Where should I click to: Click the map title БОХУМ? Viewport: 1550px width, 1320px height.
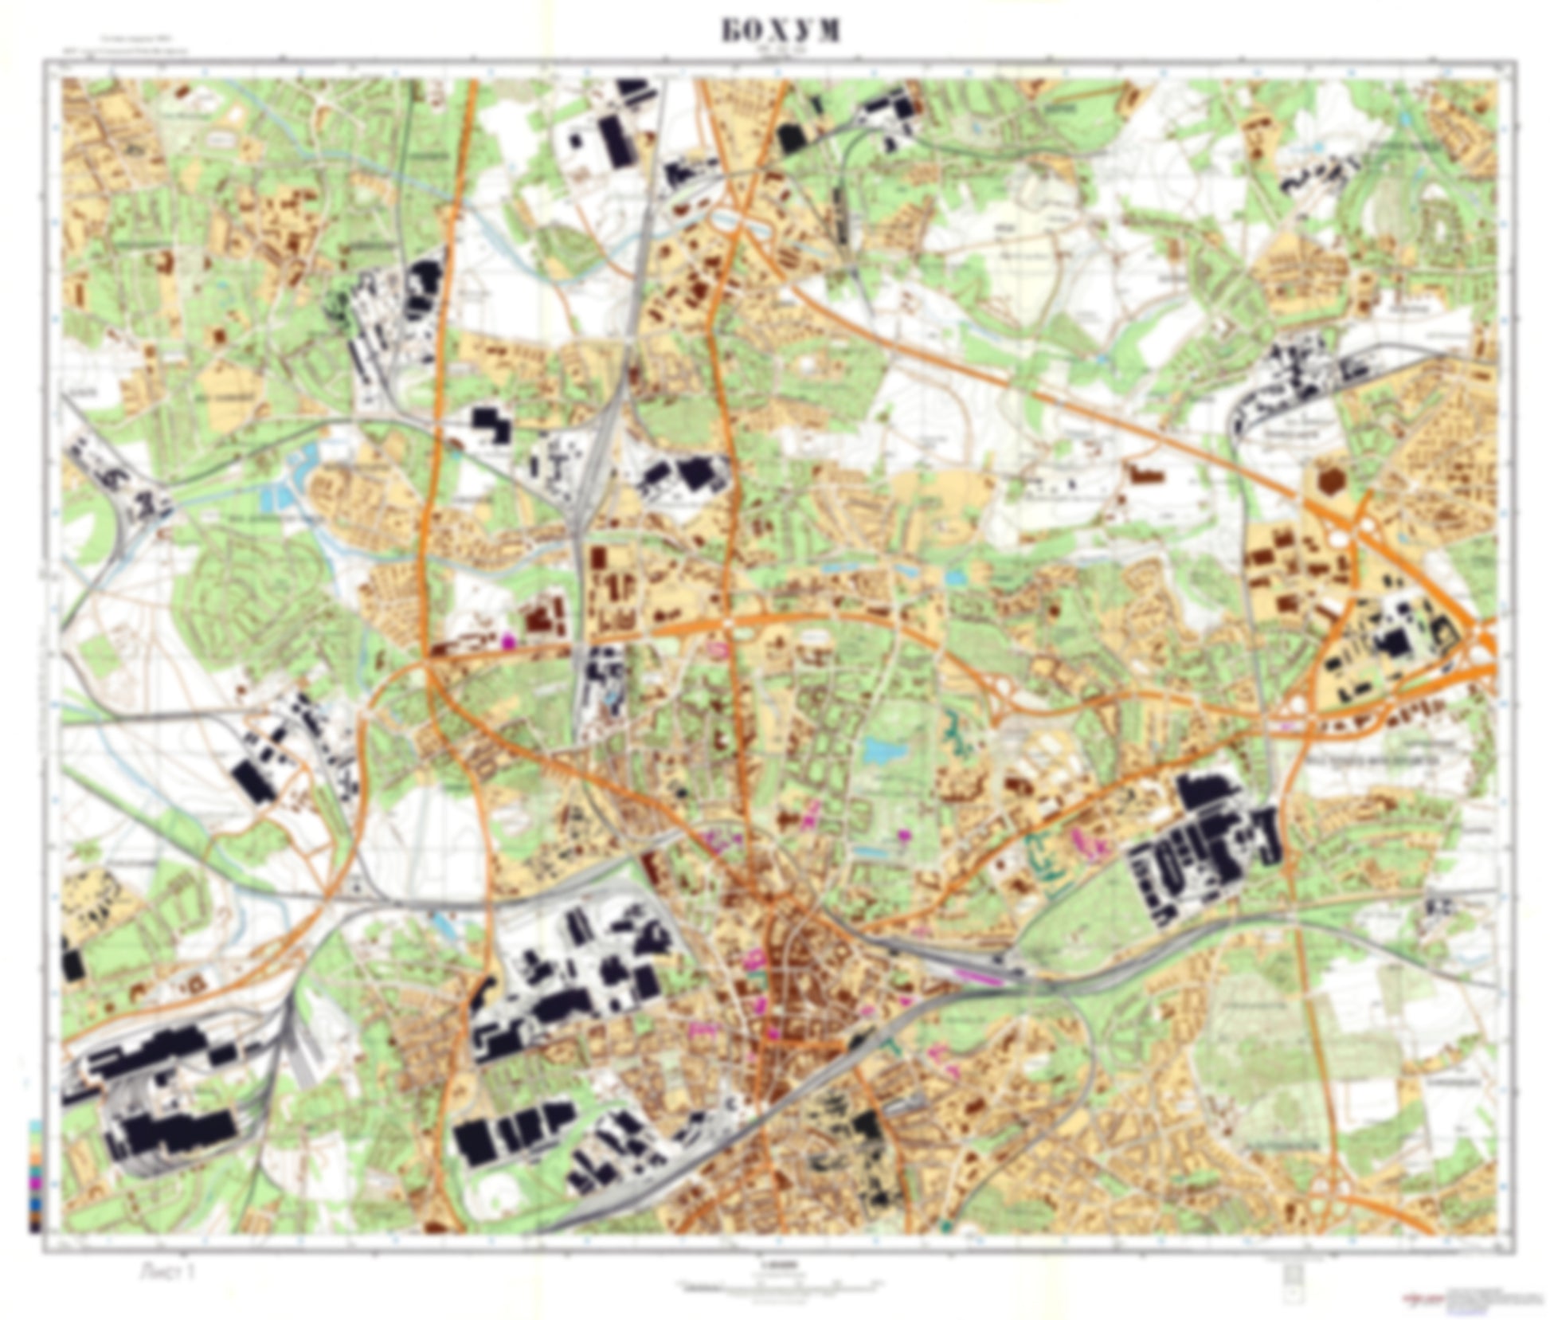pyautogui.click(x=781, y=30)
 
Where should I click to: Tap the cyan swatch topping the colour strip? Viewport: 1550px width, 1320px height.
pyautogui.click(x=34, y=1125)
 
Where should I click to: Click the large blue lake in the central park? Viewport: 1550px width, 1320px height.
pyautogui.click(x=879, y=748)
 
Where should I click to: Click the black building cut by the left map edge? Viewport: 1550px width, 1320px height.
pyautogui.click(x=72, y=965)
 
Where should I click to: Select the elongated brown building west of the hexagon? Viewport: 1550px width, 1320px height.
pyautogui.click(x=1146, y=475)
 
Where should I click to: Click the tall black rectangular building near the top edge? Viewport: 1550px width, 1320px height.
pyautogui.click(x=613, y=141)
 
